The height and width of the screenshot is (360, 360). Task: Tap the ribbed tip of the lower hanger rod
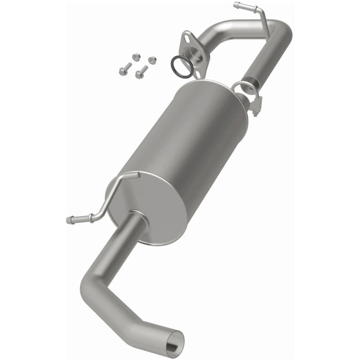pos(72,220)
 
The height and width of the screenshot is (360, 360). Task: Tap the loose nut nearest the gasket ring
pos(152,60)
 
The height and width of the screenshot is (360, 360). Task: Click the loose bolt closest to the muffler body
pos(140,73)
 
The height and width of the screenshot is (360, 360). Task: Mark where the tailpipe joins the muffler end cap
pos(137,220)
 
